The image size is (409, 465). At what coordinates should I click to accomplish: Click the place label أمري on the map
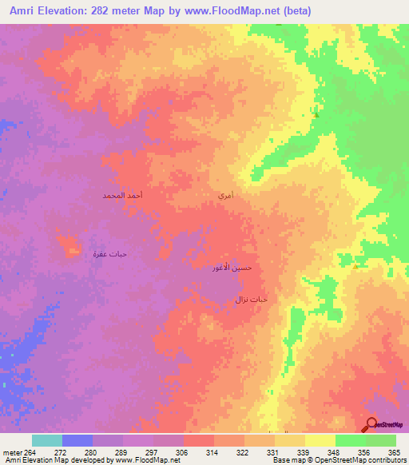[225, 195]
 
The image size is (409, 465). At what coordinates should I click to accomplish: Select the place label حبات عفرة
[109, 254]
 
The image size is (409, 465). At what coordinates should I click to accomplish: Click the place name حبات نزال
[250, 299]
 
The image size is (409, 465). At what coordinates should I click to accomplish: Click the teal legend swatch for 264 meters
[47, 440]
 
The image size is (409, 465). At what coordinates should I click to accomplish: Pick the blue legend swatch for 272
[77, 440]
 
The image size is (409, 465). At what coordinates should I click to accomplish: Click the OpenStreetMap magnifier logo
[370, 424]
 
